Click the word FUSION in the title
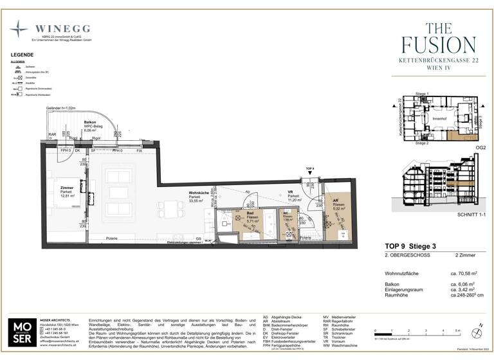pyautogui.click(x=439, y=44)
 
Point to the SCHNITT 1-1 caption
pyautogui.click(x=457, y=213)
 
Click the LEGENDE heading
pyautogui.click(x=22, y=55)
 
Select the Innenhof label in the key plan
pyautogui.click(x=439, y=118)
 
